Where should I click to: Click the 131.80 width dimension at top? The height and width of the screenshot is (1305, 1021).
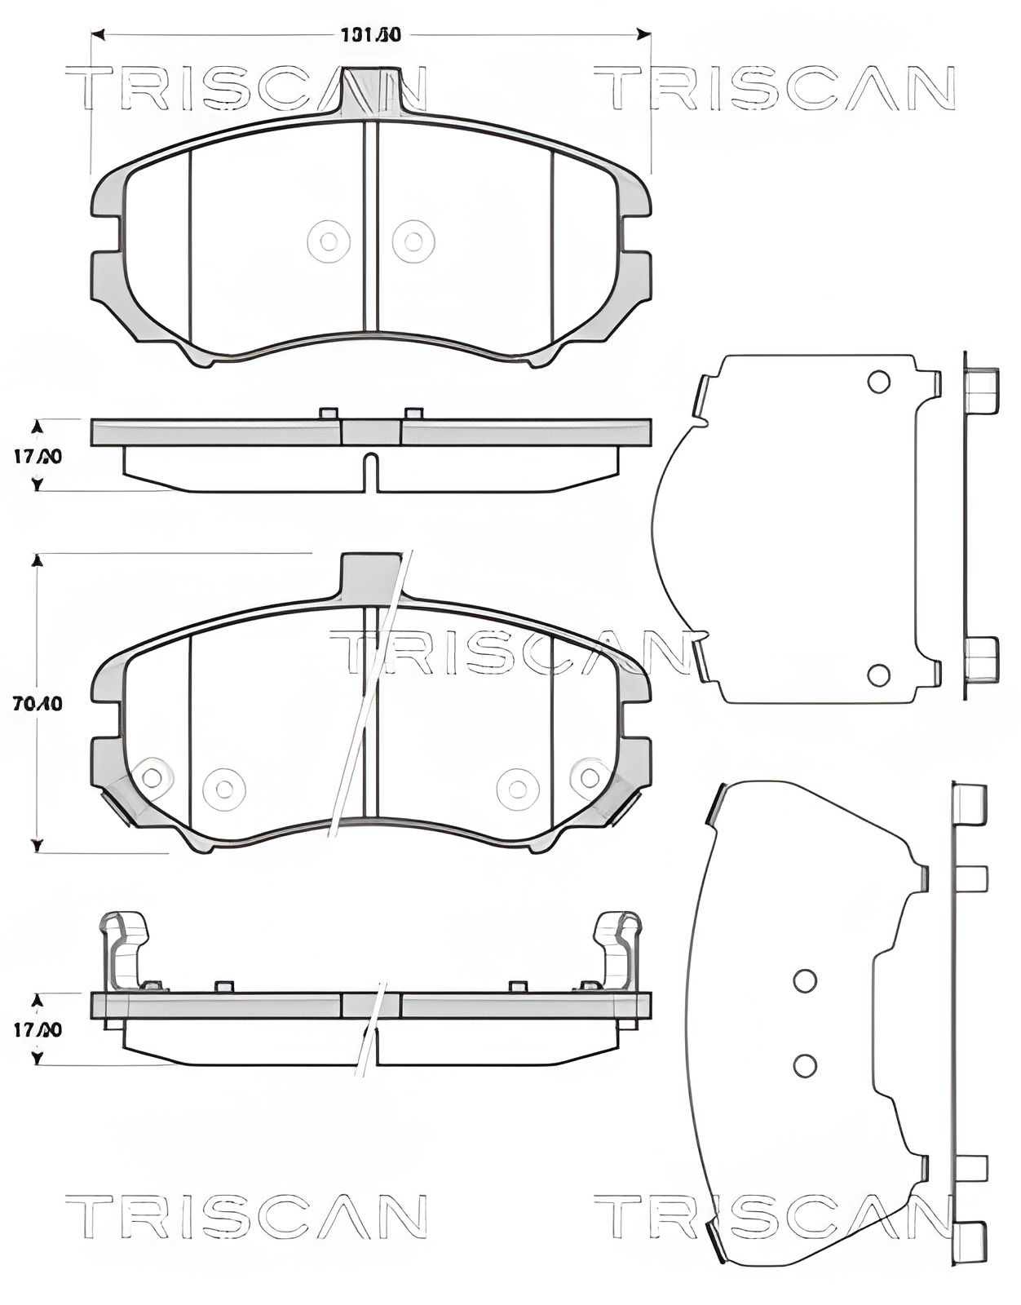pyautogui.click(x=371, y=35)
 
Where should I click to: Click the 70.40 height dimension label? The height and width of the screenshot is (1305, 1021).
pyautogui.click(x=38, y=703)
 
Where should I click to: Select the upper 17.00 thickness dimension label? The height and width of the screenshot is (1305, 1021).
pyautogui.click(x=38, y=457)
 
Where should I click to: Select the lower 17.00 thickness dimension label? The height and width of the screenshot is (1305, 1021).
pyautogui.click(x=38, y=1030)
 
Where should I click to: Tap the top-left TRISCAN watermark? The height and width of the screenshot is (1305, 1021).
pyautogui.click(x=245, y=89)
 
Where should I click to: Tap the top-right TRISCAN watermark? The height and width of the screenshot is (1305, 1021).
pyautogui.click(x=775, y=89)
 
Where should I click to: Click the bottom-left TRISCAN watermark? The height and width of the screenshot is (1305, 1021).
pyautogui.click(x=245, y=1216)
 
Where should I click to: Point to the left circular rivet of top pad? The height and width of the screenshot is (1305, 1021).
pyautogui.click(x=329, y=241)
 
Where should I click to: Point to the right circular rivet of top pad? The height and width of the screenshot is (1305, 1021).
pyautogui.click(x=413, y=241)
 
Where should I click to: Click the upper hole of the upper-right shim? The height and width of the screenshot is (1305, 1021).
pyautogui.click(x=878, y=382)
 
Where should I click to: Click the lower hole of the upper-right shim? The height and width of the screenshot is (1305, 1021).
pyautogui.click(x=878, y=675)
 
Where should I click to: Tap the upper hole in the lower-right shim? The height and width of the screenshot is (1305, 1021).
pyautogui.click(x=805, y=980)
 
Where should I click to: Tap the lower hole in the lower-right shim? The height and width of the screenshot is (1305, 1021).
pyautogui.click(x=805, y=1064)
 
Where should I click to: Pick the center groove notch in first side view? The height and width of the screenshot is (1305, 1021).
pyautogui.click(x=371, y=472)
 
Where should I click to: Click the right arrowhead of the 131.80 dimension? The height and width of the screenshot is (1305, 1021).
pyautogui.click(x=644, y=34)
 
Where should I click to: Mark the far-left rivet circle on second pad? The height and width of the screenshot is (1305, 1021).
pyautogui.click(x=152, y=777)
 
